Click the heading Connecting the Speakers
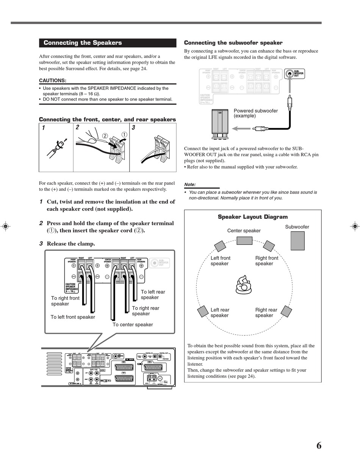83,43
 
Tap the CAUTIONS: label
53,80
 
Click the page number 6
319,446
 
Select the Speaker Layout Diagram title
252,217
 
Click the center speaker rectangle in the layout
244,241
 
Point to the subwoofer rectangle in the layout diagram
297,241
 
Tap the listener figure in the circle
243,285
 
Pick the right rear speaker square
286,311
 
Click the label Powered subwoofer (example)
255,113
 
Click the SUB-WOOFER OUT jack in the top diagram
290,74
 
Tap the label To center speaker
133,324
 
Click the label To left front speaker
73,317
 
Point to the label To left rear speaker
153,295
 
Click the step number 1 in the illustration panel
44,128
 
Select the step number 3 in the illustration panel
133,128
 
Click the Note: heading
190,185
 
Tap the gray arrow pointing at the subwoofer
241,128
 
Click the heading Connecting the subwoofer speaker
233,43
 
